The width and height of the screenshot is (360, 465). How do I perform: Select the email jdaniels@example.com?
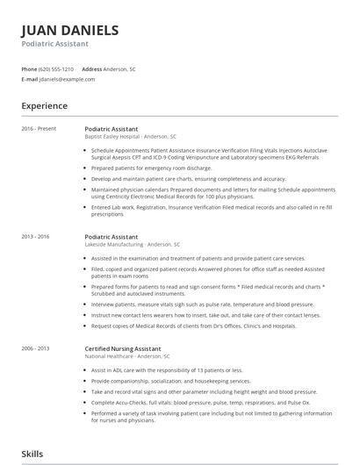67,79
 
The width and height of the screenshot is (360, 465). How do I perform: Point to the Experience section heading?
45,106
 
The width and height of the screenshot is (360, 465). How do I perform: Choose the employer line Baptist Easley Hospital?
131,137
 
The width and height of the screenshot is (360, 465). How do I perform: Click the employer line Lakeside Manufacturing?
133,245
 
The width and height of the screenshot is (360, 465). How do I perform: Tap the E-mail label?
30,79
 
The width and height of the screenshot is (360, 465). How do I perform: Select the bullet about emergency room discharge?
151,168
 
